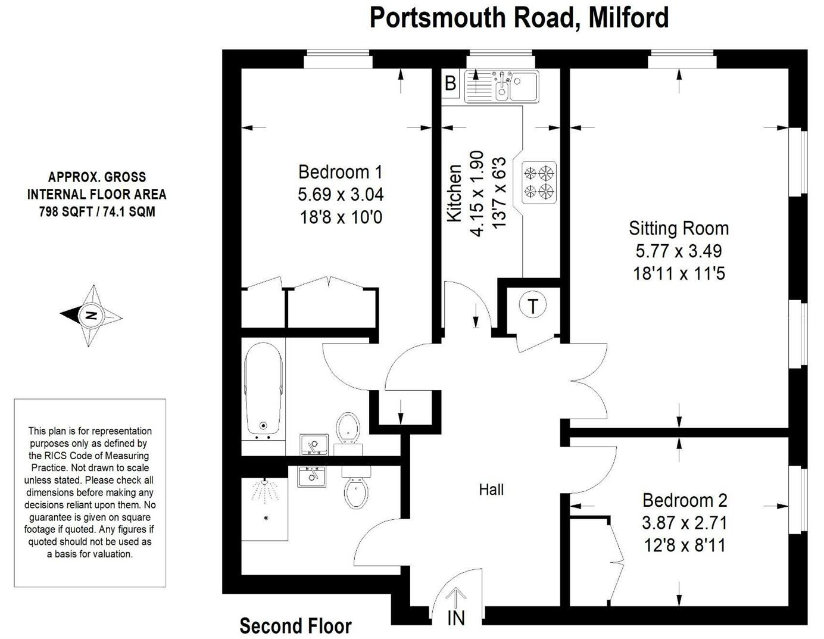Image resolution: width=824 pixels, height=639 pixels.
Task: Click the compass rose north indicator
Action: [91, 316]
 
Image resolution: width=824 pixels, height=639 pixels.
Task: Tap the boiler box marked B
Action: [450, 83]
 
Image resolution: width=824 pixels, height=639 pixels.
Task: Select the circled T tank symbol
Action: [532, 307]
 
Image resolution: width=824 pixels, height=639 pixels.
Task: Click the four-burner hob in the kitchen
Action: [539, 182]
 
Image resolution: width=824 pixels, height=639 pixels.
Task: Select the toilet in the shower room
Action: [356, 488]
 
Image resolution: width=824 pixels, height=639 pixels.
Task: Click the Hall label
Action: [491, 490]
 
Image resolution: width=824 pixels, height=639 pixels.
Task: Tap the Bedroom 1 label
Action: [340, 172]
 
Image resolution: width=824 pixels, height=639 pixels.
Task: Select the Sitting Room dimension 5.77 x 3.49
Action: [678, 251]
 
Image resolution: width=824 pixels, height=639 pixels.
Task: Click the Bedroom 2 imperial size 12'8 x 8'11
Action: [685, 545]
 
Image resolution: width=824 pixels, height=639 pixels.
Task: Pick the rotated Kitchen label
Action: [454, 194]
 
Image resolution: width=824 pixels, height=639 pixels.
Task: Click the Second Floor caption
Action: [295, 626]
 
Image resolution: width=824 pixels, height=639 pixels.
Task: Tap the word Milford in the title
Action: [629, 17]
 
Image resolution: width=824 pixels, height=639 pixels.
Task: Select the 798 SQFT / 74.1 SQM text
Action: [97, 211]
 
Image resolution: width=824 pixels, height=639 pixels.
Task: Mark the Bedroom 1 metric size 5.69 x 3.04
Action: [341, 195]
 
